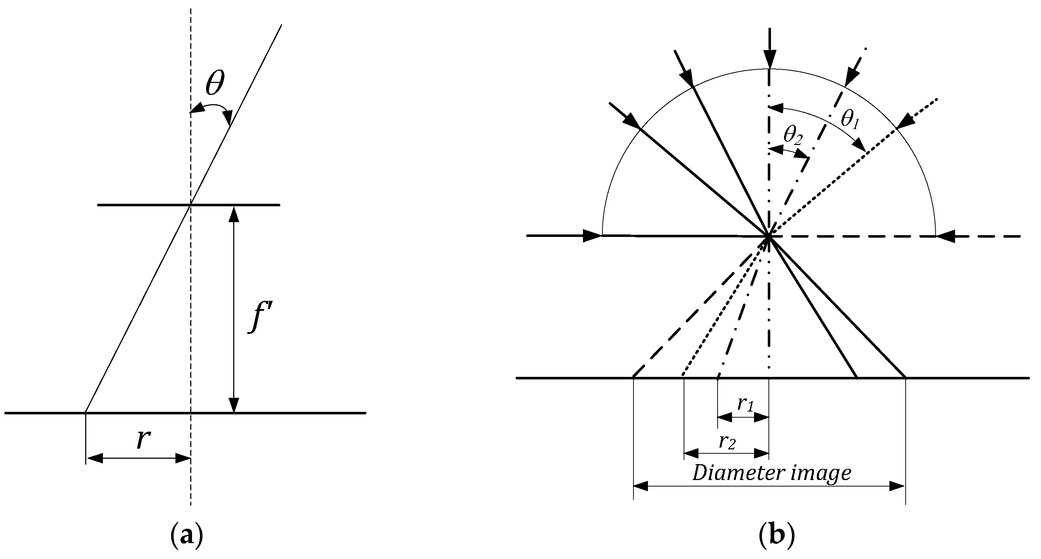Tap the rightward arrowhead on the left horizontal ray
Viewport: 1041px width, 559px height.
coord(592,236)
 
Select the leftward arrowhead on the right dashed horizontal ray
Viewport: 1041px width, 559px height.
coord(946,236)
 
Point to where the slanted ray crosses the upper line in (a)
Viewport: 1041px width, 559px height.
coord(190,205)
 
